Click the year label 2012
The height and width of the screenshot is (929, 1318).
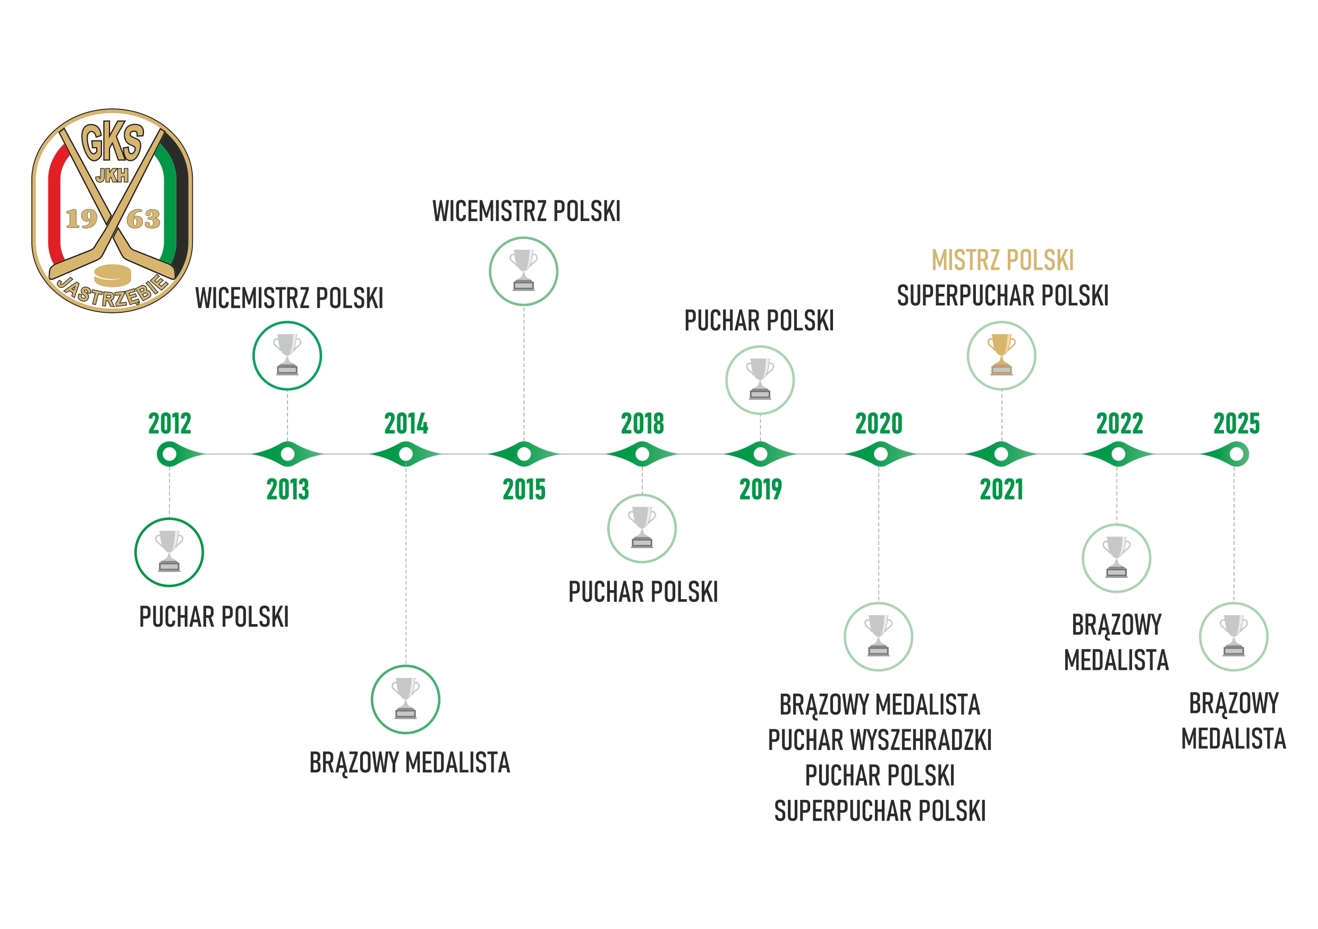point(169,424)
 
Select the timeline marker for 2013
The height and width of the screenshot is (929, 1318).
point(287,455)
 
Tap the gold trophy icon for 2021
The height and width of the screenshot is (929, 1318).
point(1001,356)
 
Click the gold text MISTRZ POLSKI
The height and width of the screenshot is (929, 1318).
point(1002,260)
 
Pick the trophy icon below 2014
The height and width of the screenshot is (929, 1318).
point(405,700)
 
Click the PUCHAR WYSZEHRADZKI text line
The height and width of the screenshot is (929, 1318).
point(879,740)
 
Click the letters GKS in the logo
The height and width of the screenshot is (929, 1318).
point(113,142)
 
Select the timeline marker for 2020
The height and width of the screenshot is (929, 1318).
point(880,455)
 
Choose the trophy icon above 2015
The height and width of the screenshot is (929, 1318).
point(523,271)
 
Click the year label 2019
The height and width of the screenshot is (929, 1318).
point(760,489)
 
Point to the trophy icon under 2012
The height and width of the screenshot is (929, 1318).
point(169,552)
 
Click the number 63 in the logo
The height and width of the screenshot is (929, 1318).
point(143,219)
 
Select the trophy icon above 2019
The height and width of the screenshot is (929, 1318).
point(760,380)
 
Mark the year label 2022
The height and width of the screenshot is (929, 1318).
point(1119,424)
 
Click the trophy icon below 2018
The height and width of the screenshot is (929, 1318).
point(642,528)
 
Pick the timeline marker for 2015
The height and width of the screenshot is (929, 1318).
point(524,455)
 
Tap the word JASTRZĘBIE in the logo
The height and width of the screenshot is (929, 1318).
point(113,293)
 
